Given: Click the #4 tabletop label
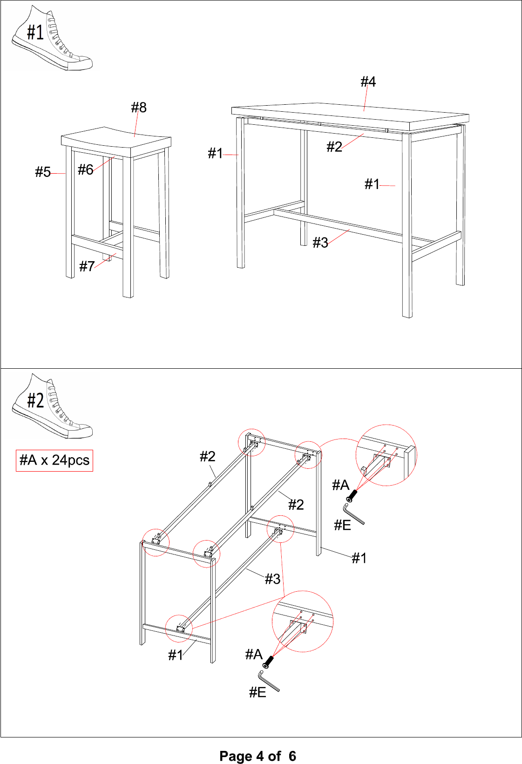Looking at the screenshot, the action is [368, 82].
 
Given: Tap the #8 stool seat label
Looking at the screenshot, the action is [139, 108].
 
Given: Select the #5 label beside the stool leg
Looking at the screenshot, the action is [43, 172].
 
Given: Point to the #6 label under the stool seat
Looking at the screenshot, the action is [86, 169].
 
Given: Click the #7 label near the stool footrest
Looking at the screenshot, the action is [87, 266].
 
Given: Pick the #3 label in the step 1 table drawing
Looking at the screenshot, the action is [320, 243].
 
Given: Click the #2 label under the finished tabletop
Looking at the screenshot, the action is [334, 147].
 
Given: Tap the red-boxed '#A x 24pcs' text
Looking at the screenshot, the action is [54, 460].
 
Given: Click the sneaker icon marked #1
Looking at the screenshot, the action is [52, 38].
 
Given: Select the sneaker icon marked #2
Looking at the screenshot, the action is [52, 406].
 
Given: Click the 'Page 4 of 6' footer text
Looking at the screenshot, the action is [258, 756].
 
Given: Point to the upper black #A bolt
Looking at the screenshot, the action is [352, 495].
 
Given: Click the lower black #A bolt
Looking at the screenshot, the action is [269, 662].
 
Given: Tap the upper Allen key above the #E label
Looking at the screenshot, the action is [353, 514].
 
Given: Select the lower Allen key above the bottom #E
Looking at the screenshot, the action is [269, 681].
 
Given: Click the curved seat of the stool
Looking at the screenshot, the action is [116, 141].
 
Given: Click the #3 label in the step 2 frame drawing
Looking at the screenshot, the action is [272, 579].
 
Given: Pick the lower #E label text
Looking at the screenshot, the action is [258, 692].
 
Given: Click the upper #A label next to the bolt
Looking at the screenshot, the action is [340, 485].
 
